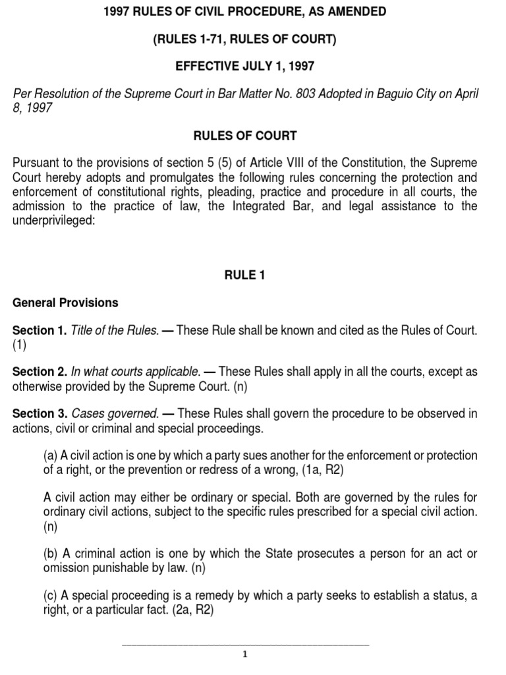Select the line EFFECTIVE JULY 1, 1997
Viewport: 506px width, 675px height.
point(244,67)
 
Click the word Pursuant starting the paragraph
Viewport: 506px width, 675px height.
point(36,163)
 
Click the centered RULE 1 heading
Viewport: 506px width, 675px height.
point(244,276)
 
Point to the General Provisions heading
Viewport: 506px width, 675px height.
point(65,303)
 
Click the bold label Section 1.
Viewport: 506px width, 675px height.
point(40,330)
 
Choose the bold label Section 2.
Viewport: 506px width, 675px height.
point(40,372)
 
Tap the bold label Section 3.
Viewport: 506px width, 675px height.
point(40,414)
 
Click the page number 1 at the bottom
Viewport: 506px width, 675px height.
point(244,655)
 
